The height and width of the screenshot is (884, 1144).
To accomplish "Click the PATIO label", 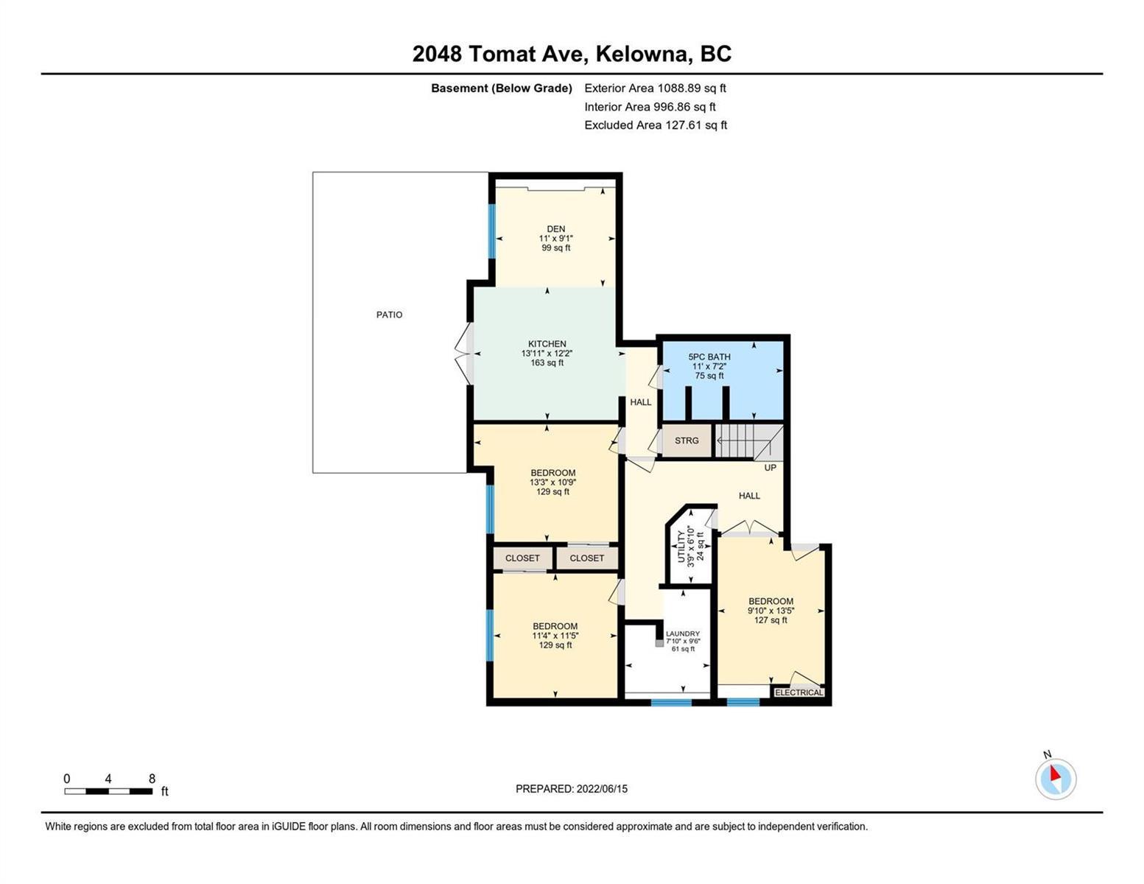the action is (x=389, y=315).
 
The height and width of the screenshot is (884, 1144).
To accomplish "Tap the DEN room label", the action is (x=556, y=228).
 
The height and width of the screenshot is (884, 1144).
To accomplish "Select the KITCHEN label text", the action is (x=547, y=344).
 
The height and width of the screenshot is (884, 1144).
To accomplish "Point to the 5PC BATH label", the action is (x=709, y=357).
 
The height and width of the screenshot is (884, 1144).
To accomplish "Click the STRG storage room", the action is (x=687, y=440).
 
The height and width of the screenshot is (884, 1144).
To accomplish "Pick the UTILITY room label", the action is (x=681, y=547).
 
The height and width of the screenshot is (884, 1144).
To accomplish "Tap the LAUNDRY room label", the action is (x=683, y=634).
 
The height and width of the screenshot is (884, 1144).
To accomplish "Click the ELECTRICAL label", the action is (x=799, y=692).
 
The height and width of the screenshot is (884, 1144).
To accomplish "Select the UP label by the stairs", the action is (x=770, y=468).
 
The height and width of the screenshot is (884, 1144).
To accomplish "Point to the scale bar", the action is (x=108, y=790).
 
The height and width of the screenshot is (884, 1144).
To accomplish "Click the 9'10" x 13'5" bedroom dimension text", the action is (x=771, y=611).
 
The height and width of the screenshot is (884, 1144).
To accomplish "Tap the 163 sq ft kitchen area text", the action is (x=547, y=362).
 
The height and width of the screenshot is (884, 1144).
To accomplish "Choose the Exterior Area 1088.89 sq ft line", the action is (x=655, y=88).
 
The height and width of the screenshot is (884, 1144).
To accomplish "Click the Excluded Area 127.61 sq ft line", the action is (x=656, y=124).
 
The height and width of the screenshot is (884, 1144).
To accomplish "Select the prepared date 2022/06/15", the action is (x=602, y=789).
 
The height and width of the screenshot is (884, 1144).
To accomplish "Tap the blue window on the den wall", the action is (x=492, y=231).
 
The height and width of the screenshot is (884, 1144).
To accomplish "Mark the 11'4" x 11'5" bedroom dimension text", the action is (x=555, y=636).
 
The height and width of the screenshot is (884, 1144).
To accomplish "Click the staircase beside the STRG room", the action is (x=748, y=441).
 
